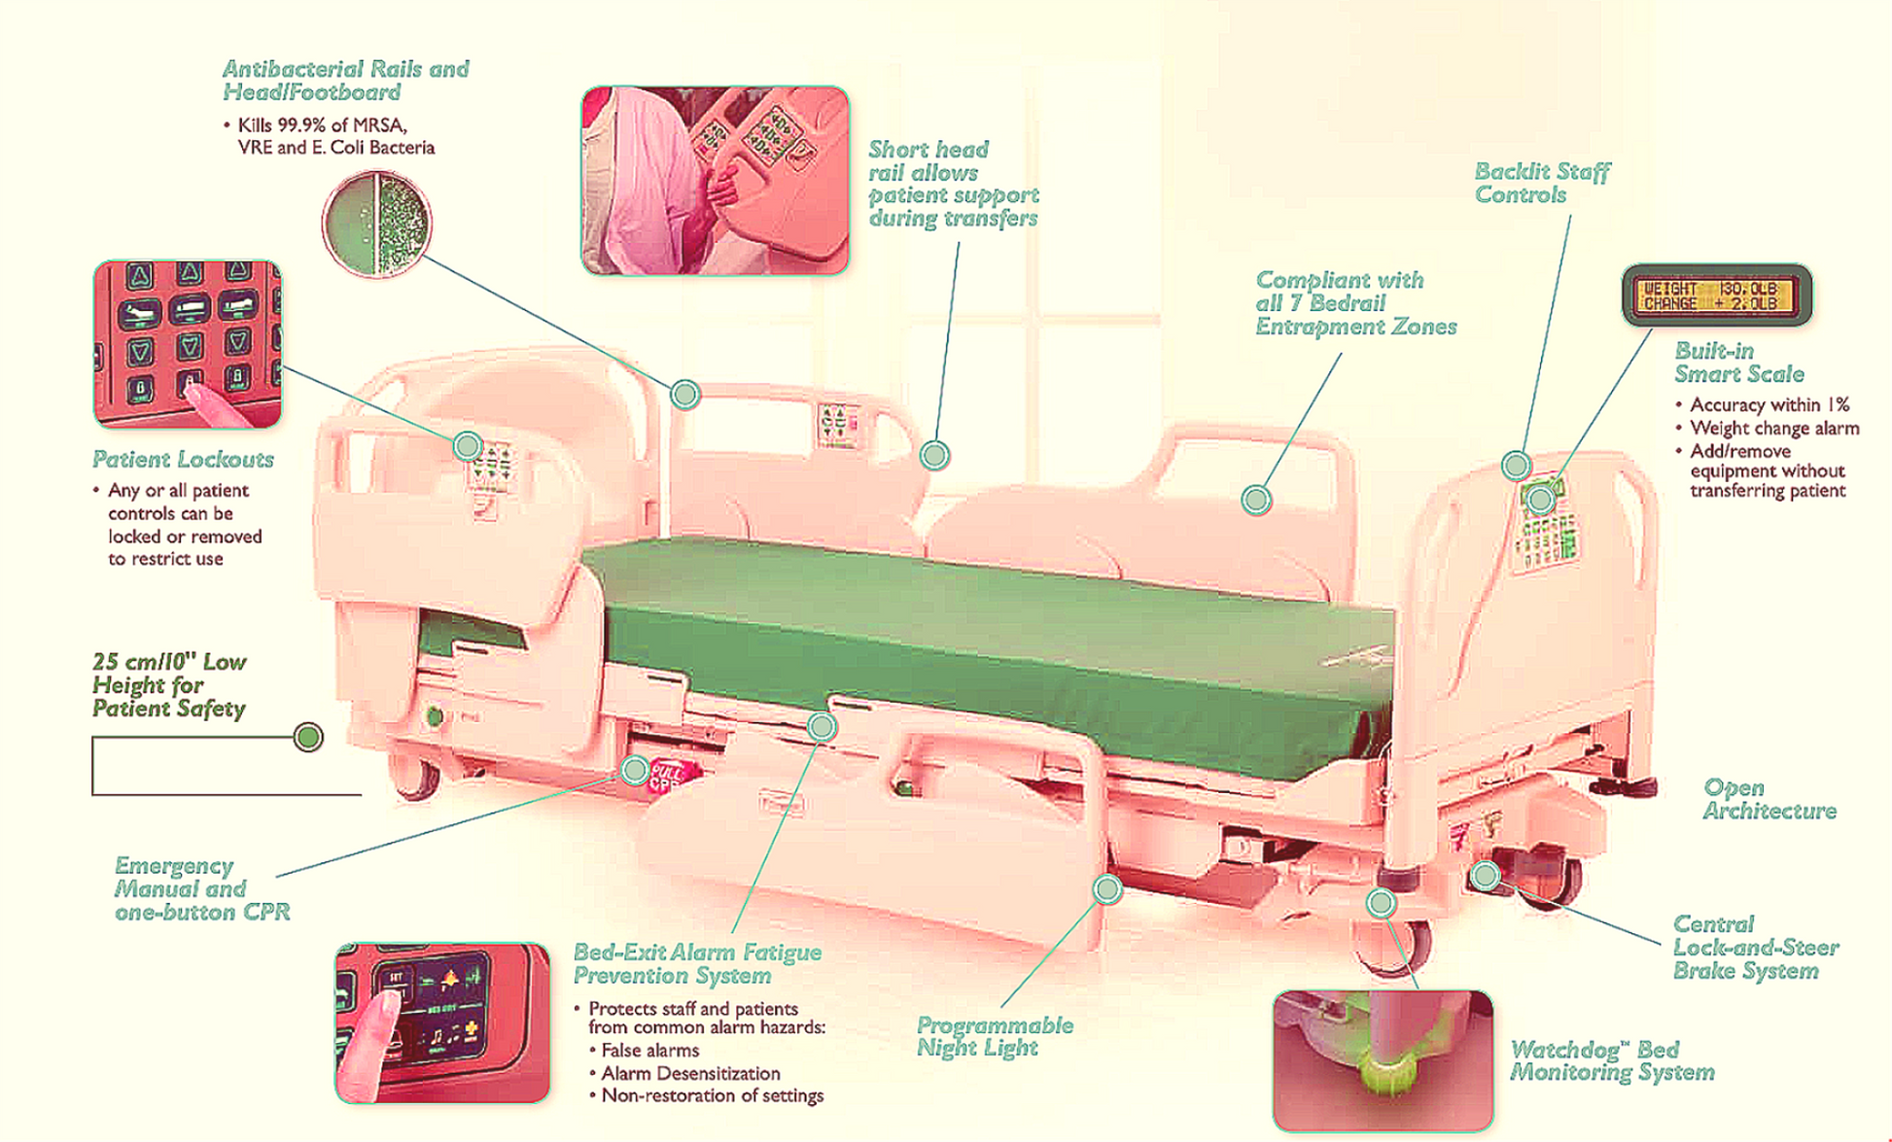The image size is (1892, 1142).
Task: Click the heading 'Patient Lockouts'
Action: point(183,459)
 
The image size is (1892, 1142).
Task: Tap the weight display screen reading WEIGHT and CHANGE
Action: point(1716,295)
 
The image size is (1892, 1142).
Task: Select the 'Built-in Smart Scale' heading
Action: point(1738,363)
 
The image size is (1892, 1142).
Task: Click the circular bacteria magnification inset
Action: point(376,224)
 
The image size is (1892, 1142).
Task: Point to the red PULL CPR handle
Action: point(672,777)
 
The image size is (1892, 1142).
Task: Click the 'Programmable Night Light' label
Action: point(994,1036)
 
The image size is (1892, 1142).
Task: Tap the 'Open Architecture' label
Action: point(1769,799)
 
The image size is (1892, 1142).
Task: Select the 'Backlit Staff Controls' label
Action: point(1541,183)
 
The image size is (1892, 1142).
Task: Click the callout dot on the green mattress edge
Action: point(822,726)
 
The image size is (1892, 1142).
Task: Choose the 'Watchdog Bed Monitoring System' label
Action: point(1611,1060)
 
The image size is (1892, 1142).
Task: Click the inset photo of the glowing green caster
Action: point(1382,1059)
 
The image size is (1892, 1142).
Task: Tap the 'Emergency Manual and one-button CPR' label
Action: point(201,888)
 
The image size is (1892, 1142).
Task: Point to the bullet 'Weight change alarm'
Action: point(1773,428)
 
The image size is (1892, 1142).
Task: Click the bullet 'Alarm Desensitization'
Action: point(689,1073)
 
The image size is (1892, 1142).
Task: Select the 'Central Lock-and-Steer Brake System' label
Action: point(1755,947)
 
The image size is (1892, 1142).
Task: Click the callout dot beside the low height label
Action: point(308,737)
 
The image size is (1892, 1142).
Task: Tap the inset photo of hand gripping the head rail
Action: point(715,181)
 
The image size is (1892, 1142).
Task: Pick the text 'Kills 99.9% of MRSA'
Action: point(322,125)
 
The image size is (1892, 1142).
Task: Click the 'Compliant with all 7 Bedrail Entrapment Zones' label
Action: point(1354,303)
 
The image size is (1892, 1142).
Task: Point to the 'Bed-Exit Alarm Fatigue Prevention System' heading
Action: point(696,963)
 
